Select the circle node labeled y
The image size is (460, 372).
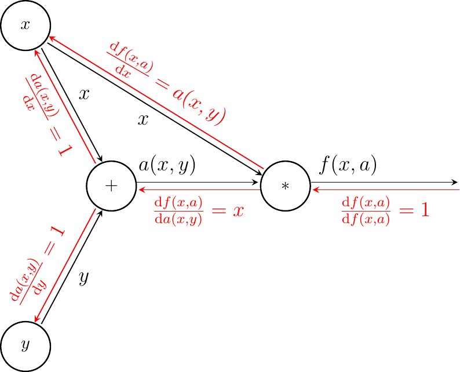tap(25, 345)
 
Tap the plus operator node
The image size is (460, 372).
tap(111, 186)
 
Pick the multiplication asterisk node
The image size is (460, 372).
tap(285, 186)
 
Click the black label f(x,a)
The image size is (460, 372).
tap(348, 166)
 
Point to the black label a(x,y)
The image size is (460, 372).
tap(167, 166)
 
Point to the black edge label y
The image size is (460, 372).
tap(83, 278)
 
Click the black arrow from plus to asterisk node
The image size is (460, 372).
tap(197, 183)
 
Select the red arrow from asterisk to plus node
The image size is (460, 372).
tap(197, 189)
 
